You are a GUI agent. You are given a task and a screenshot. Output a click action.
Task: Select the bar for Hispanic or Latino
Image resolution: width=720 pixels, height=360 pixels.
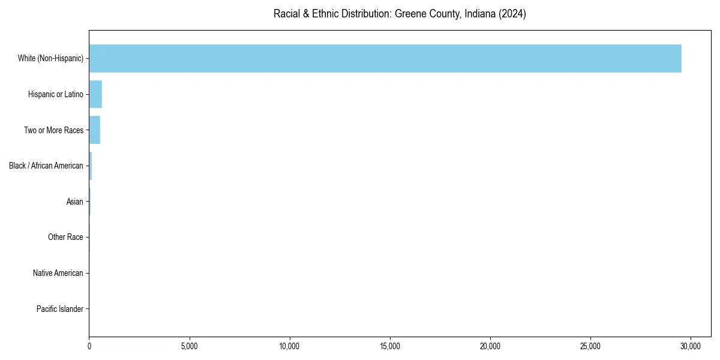[95, 94]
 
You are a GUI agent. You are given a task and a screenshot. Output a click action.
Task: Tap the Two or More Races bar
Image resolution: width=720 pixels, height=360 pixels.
[95, 130]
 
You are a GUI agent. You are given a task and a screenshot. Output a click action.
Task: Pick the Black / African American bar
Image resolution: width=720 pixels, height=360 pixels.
[91, 166]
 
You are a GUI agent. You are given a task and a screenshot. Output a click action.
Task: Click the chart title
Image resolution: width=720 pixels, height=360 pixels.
[400, 14]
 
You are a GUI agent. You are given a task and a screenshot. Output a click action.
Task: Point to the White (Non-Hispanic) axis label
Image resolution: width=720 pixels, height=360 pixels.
[50, 58]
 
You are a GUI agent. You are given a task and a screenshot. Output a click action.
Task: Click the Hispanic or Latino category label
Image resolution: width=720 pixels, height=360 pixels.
[56, 94]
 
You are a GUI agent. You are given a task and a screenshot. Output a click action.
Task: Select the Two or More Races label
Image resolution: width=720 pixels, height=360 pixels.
[53, 130]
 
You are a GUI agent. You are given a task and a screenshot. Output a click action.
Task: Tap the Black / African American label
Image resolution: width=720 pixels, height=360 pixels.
[46, 166]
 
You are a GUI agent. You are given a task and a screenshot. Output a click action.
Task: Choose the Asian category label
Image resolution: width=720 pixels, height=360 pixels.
[75, 202]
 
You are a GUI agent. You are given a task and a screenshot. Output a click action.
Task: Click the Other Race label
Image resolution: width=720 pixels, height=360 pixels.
[65, 238]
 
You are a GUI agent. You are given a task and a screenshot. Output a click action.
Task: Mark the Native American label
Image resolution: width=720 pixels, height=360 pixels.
[58, 273]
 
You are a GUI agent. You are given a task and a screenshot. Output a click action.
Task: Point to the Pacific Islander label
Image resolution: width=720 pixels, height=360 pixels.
[59, 309]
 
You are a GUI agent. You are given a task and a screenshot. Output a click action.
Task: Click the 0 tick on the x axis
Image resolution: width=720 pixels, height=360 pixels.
[89, 346]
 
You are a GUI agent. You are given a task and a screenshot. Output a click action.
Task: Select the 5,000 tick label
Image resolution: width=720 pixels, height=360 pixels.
[190, 346]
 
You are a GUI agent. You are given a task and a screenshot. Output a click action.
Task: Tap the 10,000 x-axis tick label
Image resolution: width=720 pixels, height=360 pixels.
[290, 346]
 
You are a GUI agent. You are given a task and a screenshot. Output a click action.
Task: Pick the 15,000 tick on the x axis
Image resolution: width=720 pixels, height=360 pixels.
[390, 346]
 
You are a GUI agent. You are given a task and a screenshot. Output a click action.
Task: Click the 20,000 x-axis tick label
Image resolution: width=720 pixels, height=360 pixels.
[490, 346]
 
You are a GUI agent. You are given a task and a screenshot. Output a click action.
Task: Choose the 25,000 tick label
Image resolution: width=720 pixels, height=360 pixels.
[590, 346]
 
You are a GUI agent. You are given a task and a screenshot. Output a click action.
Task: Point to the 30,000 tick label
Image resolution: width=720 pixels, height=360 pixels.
[691, 346]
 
